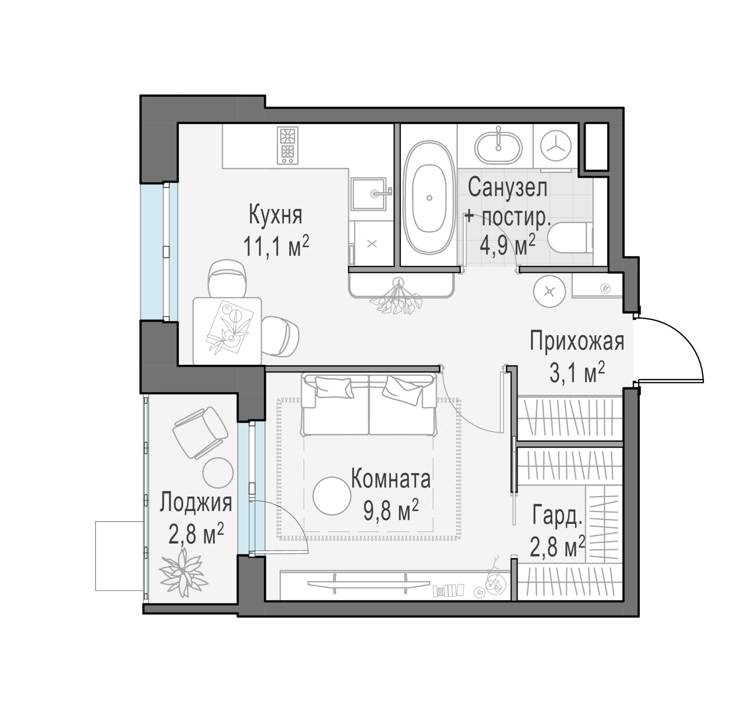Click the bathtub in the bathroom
click(429, 197)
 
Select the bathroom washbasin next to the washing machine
click(498, 147)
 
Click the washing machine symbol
click(556, 146)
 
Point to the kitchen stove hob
click(288, 146)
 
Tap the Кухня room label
click(276, 215)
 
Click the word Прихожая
click(577, 342)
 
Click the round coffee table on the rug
click(332, 496)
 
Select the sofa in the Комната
click(369, 405)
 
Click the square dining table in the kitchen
click(227, 331)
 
